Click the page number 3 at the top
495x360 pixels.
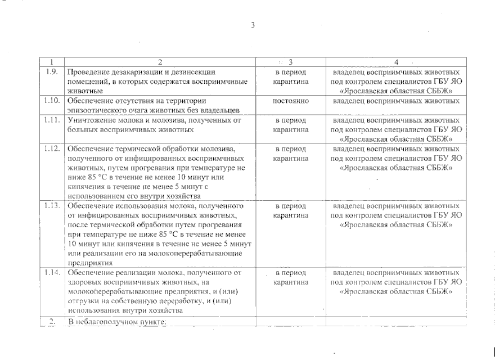point(253,25)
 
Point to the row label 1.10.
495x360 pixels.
point(52,100)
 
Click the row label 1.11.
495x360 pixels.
point(52,119)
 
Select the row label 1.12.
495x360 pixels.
point(52,148)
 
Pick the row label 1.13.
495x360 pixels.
point(52,205)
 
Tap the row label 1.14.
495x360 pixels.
point(52,272)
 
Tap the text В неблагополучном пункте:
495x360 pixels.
point(115,321)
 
